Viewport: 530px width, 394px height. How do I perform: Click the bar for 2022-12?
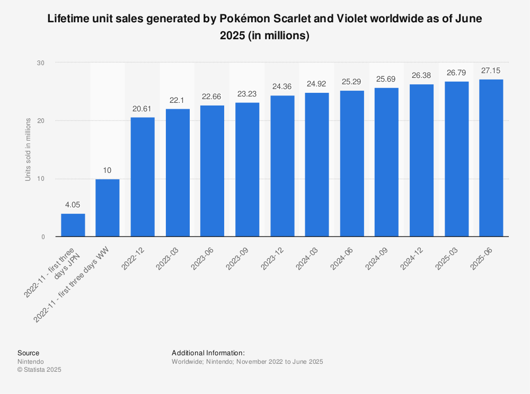pos(143,177)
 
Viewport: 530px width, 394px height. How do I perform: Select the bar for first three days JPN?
pos(73,225)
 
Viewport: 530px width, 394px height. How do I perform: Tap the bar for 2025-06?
pos(491,158)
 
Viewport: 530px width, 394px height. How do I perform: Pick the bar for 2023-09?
pos(247,169)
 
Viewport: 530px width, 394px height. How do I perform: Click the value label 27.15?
pos(491,71)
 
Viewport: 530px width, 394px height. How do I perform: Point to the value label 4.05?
pos(73,204)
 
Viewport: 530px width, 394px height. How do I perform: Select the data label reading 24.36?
pos(282,86)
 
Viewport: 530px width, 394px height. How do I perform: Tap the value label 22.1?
pos(178,100)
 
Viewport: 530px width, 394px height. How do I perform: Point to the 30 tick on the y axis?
pos(41,63)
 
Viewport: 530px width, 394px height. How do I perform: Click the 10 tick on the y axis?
pos(41,179)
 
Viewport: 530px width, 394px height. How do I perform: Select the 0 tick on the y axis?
pos(42,237)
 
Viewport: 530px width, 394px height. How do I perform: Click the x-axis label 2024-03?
pos(307,256)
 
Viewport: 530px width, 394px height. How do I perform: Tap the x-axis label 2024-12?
pos(412,256)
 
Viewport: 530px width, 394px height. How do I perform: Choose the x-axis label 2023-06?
pos(203,256)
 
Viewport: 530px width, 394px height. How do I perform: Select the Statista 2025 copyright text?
pos(40,370)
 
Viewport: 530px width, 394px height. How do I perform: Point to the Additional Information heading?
pos(208,353)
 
